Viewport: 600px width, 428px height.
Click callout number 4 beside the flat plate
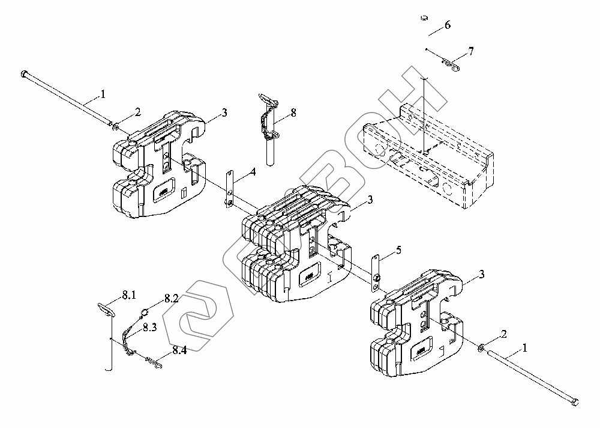tap(253, 172)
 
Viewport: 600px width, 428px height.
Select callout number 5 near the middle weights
tap(398, 249)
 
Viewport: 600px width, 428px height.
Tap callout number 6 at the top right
tap(447, 25)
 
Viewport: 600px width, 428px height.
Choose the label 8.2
tap(171, 299)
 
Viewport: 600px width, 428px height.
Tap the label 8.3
tap(150, 327)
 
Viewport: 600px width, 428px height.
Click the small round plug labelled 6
tap(422, 19)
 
